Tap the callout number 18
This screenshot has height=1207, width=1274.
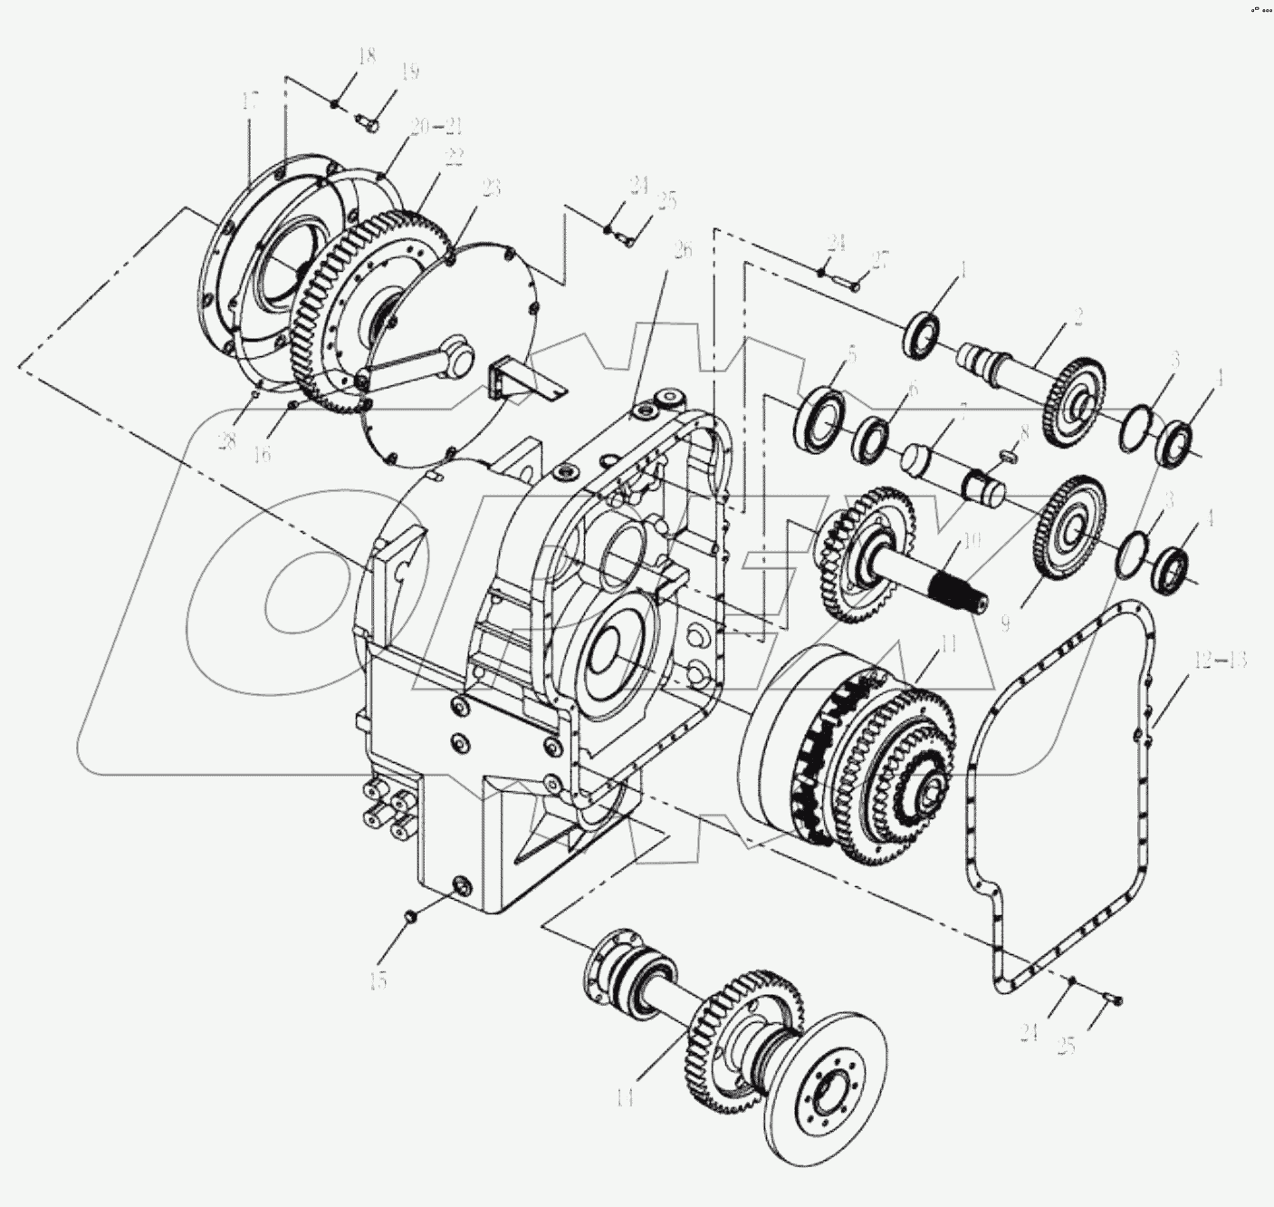366,57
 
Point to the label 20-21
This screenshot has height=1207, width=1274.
436,127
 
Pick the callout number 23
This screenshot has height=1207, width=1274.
491,188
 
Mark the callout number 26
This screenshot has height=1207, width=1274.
683,249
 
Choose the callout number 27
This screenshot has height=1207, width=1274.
881,261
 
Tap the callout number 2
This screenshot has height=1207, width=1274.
1078,316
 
